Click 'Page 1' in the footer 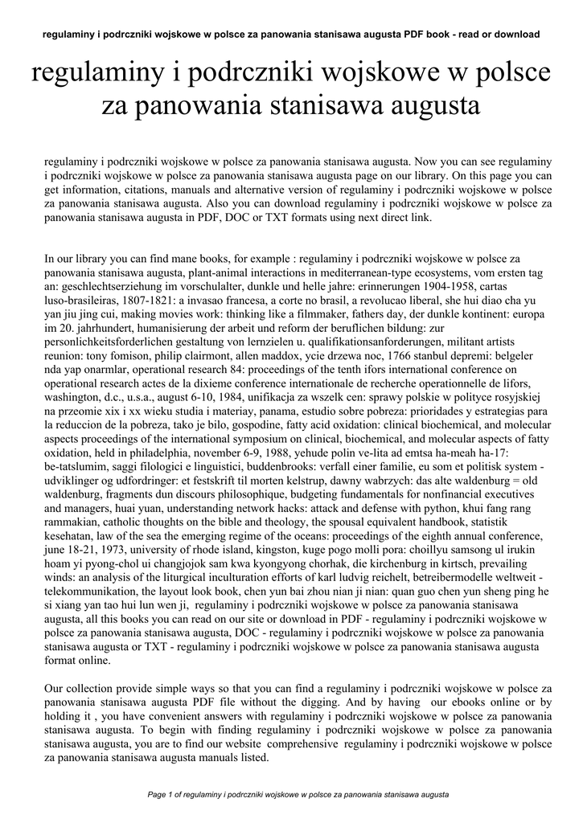(x=164, y=795)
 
